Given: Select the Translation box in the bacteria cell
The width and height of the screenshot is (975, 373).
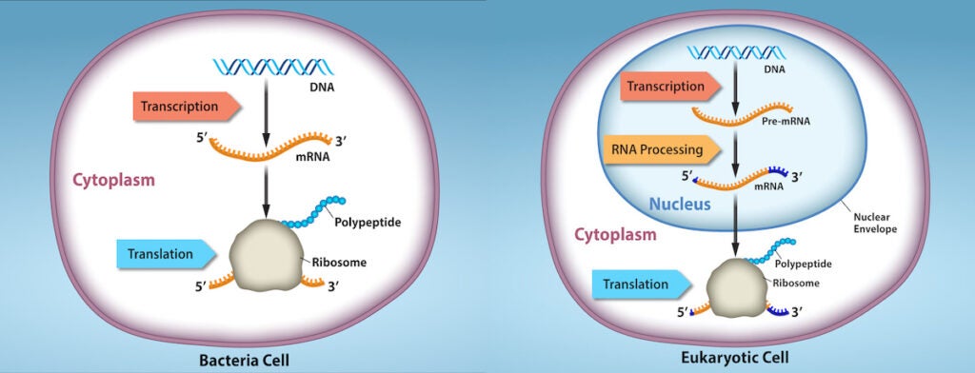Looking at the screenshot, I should click(168, 254).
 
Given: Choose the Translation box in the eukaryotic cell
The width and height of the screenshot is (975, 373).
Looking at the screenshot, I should click(642, 281).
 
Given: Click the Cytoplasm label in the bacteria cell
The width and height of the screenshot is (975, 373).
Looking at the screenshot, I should click(115, 178).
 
